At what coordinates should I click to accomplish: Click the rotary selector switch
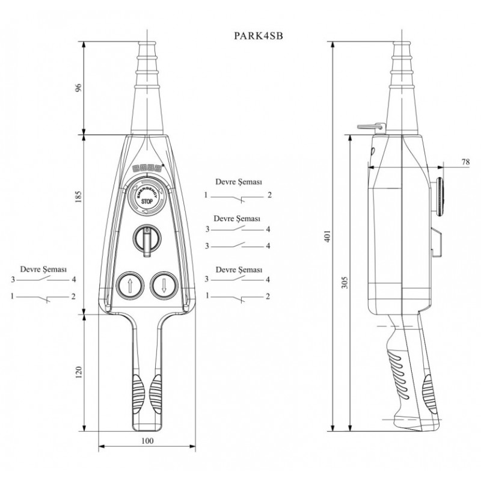(x=146, y=239)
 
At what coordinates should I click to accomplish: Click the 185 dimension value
(x=77, y=197)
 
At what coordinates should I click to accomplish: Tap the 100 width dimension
(x=146, y=441)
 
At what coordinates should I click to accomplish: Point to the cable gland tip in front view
(x=146, y=45)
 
